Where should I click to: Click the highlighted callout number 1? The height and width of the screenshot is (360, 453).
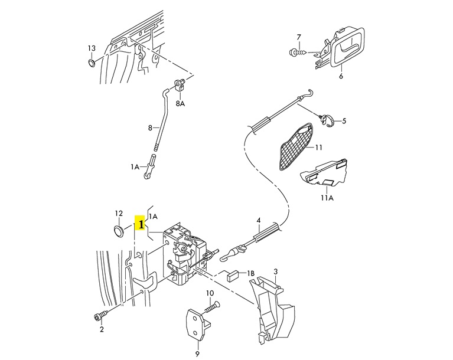click(141, 224)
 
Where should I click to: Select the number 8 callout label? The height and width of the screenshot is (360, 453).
click(150, 127)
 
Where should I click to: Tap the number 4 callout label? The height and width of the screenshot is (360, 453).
click(258, 221)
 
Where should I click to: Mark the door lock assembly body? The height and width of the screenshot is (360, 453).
click(186, 254)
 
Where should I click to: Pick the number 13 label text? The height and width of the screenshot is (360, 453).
click(92, 48)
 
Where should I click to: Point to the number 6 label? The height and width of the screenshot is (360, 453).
click(341, 76)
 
